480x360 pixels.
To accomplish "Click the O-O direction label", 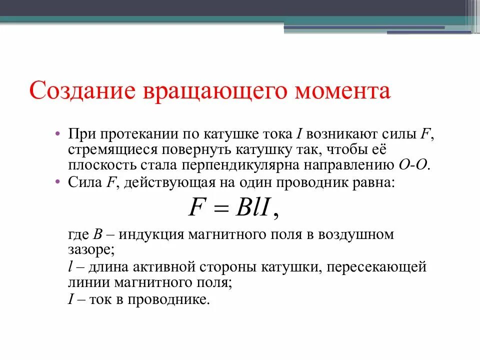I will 413,165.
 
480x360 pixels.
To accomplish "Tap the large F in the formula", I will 195,207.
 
